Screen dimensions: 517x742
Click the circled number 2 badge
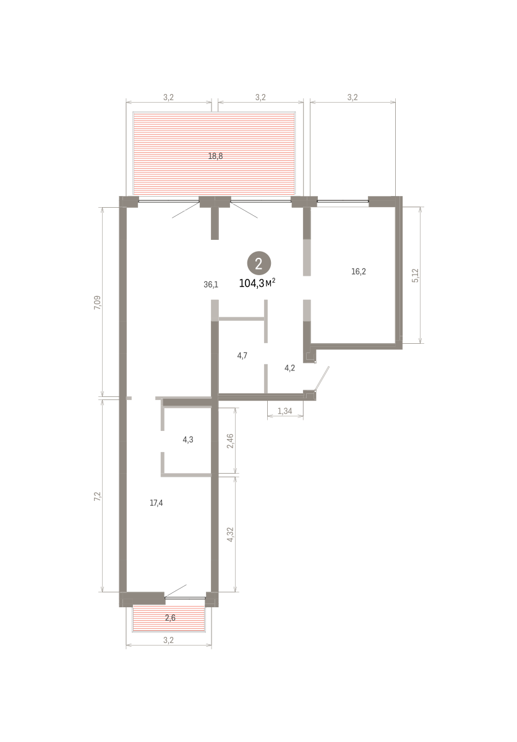click(258, 263)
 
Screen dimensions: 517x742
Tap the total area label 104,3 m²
click(257, 283)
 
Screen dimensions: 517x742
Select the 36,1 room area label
click(211, 284)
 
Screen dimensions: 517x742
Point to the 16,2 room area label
click(358, 271)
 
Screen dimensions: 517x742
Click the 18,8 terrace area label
click(215, 156)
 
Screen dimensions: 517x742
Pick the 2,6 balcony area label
click(170, 618)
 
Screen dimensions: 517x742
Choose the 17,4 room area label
click(156, 503)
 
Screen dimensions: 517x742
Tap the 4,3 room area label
click(188, 440)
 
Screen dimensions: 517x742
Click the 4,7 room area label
click(242, 356)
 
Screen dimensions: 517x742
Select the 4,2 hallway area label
click(289, 368)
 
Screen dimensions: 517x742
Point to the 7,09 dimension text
click(97, 302)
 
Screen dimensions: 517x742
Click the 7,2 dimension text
click(97, 496)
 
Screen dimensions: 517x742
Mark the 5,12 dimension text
click(415, 275)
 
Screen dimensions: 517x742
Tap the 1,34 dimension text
click(284, 411)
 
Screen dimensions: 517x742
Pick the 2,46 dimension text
click(230, 441)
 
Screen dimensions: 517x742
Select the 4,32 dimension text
click(230, 534)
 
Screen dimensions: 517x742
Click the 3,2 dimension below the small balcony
click(168, 640)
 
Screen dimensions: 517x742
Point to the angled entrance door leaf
click(322, 378)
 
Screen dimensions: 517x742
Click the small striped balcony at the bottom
click(169, 618)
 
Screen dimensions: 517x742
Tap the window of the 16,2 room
click(343, 201)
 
